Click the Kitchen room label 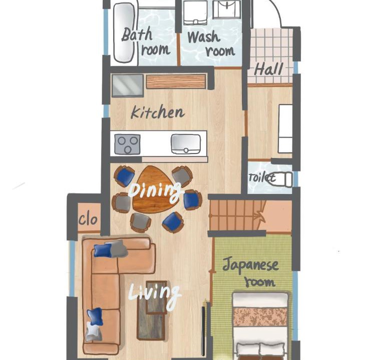(158, 113)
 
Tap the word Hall (268, 69)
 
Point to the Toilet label (261, 177)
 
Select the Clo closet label (88, 219)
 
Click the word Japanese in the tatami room (250, 265)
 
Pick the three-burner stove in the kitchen (128, 144)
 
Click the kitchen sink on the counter (186, 144)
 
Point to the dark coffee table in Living (152, 310)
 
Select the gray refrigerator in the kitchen (128, 85)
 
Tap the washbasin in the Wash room (226, 9)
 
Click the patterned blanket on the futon (260, 316)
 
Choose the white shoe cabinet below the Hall (285, 129)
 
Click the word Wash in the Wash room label (203, 37)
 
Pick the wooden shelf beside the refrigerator (176, 81)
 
